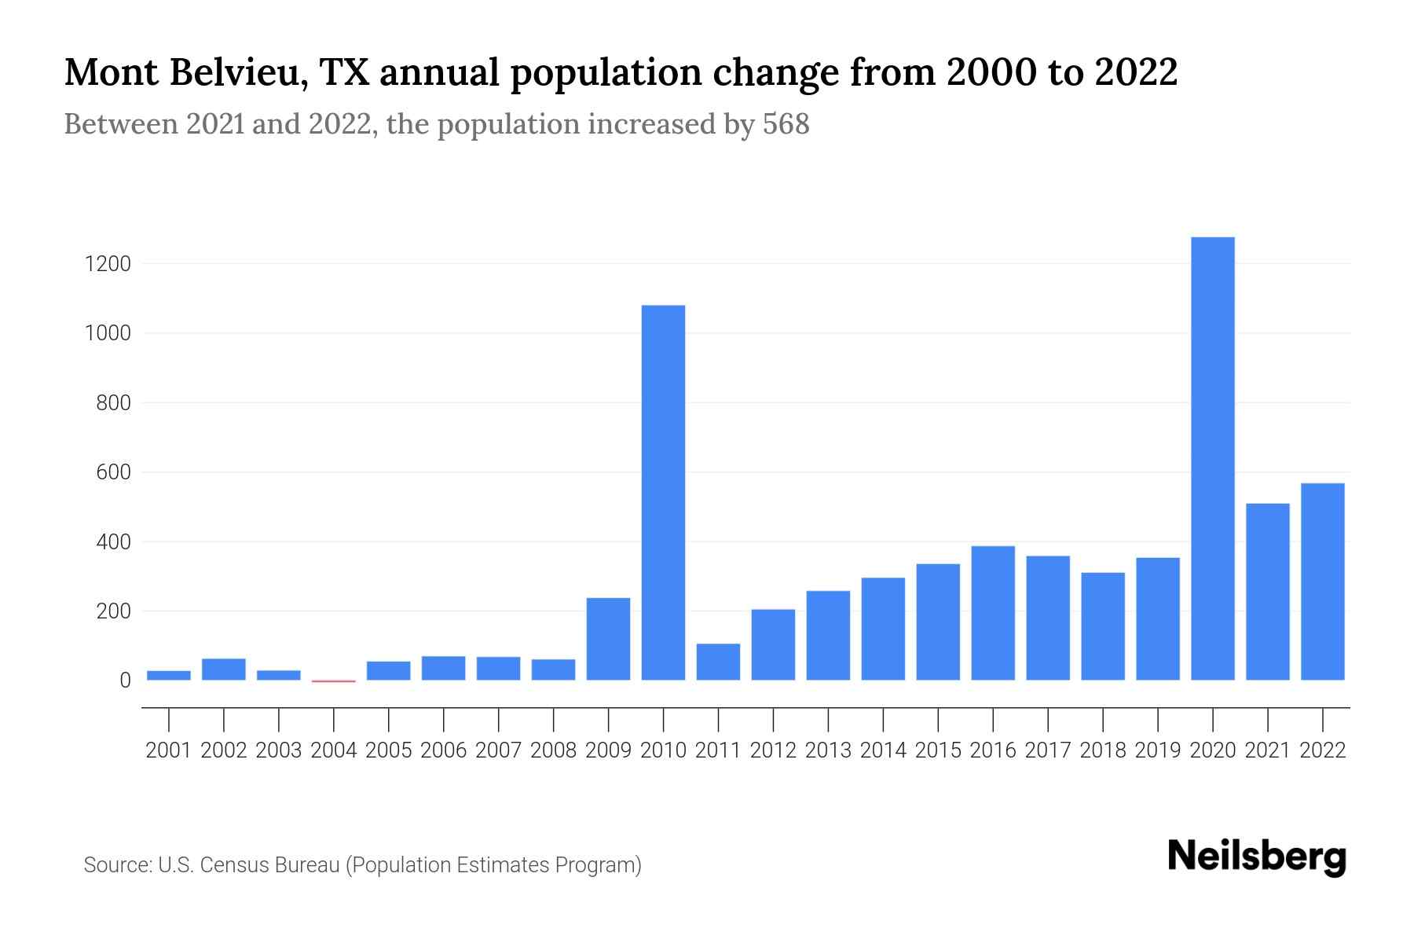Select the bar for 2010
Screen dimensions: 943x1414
point(663,493)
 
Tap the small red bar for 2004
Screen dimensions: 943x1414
point(334,681)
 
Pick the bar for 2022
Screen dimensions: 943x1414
point(1322,582)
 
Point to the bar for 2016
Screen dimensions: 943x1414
point(993,613)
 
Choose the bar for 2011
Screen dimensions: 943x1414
point(718,662)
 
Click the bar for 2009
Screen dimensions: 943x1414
point(608,639)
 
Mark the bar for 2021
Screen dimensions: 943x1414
point(1267,592)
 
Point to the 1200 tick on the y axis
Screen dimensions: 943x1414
point(108,264)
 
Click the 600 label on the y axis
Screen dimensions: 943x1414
point(113,472)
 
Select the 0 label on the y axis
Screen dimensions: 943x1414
point(125,681)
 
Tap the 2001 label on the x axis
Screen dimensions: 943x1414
point(169,750)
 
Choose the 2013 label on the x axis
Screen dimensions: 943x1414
point(828,750)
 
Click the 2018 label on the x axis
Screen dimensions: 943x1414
point(1102,750)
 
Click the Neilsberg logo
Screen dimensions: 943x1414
point(1257,857)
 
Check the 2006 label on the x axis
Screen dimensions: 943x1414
point(443,750)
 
